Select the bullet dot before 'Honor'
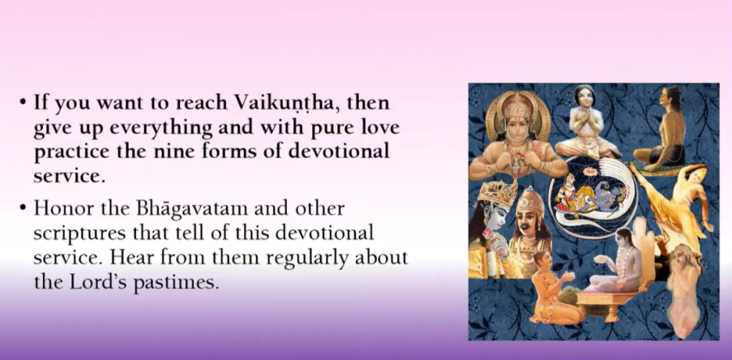[23, 208]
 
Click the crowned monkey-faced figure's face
[515, 124]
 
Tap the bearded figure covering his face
[684, 289]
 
